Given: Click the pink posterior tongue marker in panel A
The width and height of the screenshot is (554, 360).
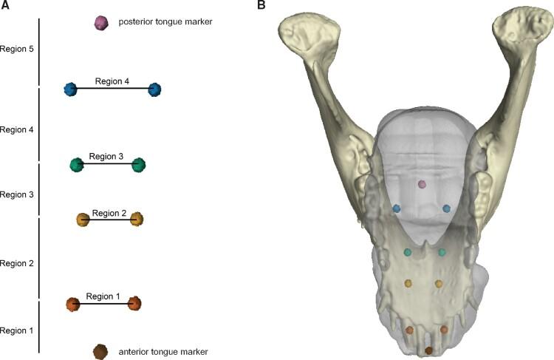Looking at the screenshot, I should [x=102, y=23].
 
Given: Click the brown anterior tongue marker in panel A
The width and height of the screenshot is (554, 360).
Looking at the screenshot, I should [x=101, y=352].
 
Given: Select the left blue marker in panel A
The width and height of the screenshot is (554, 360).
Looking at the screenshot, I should [x=71, y=89].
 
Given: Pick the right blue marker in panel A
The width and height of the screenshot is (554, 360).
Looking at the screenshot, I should [x=154, y=89].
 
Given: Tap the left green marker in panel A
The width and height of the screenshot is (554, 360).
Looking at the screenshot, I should [x=76, y=165].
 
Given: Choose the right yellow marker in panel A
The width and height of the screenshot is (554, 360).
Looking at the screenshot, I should [x=136, y=219].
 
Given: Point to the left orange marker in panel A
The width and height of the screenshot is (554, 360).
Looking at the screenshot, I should [x=72, y=304].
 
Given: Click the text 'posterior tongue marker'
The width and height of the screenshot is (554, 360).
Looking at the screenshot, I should [x=165, y=22].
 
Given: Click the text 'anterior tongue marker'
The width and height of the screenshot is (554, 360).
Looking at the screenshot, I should [x=163, y=352].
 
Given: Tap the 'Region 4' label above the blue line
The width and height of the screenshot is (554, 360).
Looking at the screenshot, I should [x=112, y=81].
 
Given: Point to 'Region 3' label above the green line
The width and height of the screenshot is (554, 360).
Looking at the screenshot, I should [x=106, y=157].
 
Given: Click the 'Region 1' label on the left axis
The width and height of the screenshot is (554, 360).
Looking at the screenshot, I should [x=17, y=330].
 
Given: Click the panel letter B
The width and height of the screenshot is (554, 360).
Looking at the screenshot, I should [x=261, y=6].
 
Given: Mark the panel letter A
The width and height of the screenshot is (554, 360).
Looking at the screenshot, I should [x=5, y=6].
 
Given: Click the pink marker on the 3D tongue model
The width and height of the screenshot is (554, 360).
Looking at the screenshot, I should [x=422, y=184].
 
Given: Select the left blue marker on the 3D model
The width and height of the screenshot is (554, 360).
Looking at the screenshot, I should [x=397, y=208].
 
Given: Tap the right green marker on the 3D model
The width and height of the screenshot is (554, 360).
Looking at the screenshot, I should [x=442, y=253].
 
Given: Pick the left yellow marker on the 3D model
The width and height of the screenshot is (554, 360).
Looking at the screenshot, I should [x=408, y=283].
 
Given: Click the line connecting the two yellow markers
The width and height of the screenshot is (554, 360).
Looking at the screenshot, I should [x=109, y=220].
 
